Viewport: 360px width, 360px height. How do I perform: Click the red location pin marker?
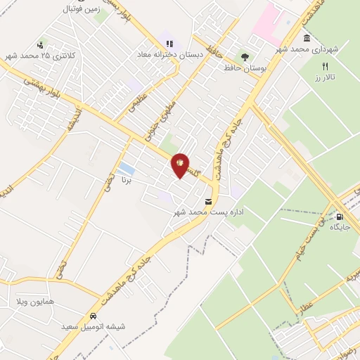180,165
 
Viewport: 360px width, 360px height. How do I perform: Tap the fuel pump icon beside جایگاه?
340,217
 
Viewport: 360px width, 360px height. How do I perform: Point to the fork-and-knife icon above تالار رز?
325,65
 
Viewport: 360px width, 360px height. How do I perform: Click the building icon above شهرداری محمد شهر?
306,38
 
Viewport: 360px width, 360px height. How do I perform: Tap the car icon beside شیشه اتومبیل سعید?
94,316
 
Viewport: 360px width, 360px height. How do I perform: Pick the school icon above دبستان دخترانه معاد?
169,44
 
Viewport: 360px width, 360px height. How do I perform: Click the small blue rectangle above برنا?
127,169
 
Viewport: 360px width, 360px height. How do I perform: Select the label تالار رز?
325,76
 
